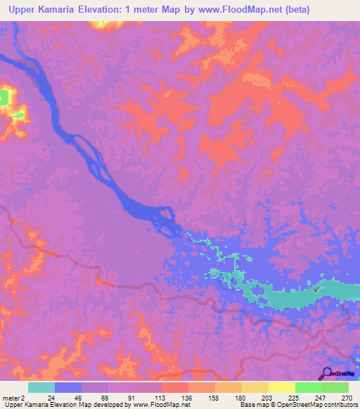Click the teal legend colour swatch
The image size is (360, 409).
coord(41,387)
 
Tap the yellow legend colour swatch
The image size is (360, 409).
coord(281,387)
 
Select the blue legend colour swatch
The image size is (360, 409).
coord(68,387)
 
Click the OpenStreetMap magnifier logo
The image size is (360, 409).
coord(326,375)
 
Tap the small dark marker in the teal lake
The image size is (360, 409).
coord(316,289)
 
